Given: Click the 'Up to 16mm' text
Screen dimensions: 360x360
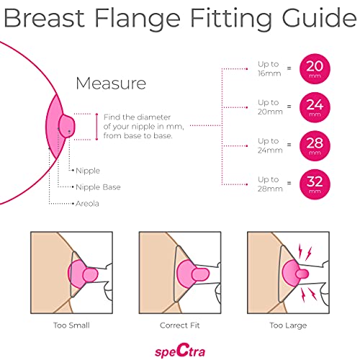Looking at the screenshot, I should (x=267, y=69).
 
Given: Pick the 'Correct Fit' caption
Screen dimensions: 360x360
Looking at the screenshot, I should (x=180, y=324).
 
